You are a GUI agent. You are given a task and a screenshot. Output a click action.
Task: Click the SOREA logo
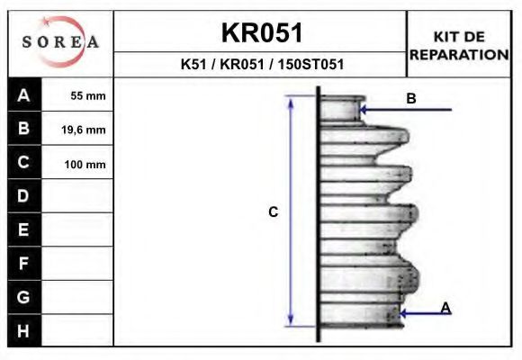point(60,42)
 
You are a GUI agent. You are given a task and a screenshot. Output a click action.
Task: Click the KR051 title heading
point(261,33)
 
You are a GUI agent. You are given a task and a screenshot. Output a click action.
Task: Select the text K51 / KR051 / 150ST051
point(261,65)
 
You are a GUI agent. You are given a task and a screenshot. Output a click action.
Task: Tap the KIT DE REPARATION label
point(459,45)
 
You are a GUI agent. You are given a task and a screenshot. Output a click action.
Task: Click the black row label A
point(23,95)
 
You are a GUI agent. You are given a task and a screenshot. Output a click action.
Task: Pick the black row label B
point(23,129)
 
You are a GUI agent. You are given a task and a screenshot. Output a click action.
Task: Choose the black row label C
point(23,163)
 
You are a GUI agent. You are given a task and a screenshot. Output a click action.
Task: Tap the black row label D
point(23,196)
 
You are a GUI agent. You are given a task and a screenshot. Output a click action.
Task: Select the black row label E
point(23,230)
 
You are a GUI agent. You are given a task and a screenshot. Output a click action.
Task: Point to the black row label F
point(23,264)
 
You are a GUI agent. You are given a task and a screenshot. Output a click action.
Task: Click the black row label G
point(23,297)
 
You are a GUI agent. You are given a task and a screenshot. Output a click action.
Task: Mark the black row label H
point(23,330)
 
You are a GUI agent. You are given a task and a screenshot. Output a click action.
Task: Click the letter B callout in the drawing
point(411,99)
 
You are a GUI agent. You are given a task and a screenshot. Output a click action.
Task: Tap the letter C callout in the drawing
point(274,212)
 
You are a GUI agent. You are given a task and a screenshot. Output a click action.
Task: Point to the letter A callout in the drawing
point(445,308)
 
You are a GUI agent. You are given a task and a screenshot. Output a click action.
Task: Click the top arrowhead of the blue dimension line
point(291,101)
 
